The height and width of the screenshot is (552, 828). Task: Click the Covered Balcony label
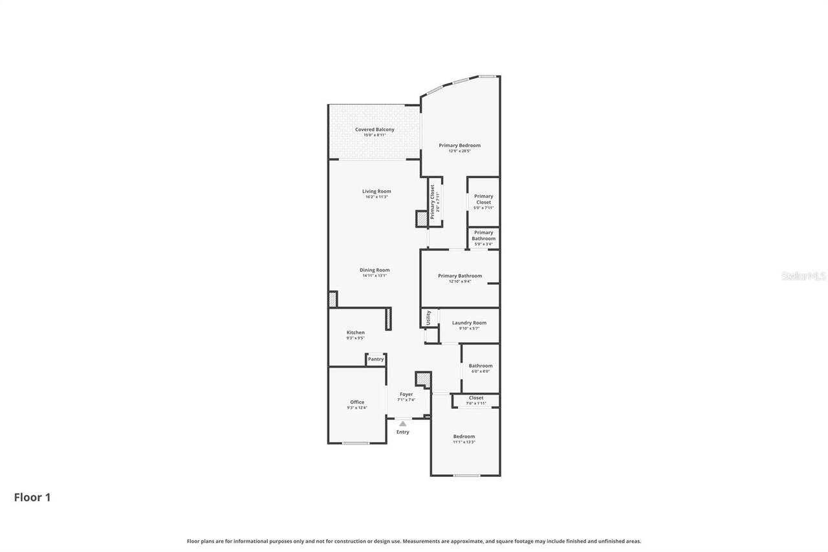[375, 129]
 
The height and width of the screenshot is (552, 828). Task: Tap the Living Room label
[376, 191]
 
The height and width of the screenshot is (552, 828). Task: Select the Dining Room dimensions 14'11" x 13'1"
[375, 276]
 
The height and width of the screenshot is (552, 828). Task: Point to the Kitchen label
[355, 333]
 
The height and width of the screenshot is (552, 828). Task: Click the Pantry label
[376, 359]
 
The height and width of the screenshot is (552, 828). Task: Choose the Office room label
[357, 402]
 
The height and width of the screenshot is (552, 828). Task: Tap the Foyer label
[406, 394]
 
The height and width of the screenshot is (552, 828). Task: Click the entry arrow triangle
[403, 423]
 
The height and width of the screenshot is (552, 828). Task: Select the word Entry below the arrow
[403, 432]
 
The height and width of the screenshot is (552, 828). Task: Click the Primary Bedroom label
[459, 146]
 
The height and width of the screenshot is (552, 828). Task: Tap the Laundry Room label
[469, 323]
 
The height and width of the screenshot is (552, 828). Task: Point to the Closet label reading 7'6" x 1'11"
[476, 398]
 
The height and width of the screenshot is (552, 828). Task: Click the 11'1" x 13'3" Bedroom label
[464, 437]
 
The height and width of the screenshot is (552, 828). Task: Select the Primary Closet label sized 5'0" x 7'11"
[483, 199]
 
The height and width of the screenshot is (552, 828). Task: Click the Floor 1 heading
[32, 497]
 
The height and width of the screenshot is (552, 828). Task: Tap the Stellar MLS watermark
[804, 276]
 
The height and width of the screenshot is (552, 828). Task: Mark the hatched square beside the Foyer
[422, 379]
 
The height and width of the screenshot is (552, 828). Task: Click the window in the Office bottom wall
[356, 443]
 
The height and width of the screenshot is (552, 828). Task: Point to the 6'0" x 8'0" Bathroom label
[481, 366]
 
